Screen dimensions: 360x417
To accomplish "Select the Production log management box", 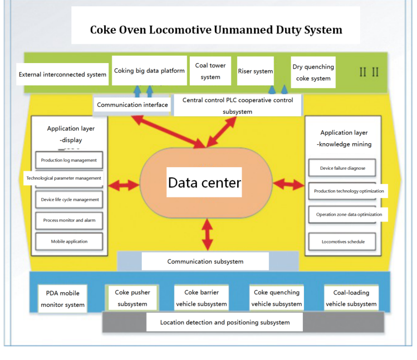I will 69,160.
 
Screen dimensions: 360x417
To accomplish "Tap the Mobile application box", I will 69,241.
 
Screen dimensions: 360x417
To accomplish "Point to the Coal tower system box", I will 210,71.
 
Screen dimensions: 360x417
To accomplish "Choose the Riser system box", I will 255,71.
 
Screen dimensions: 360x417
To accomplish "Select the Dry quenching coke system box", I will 313,72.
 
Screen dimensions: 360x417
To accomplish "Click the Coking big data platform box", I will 149,70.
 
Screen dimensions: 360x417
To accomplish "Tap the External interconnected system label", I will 63,75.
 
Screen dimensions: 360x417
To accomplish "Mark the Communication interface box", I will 132,105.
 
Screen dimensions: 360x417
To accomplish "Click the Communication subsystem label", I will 205,262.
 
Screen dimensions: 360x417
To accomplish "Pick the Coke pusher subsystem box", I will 132,298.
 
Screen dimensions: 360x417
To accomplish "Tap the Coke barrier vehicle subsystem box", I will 201,298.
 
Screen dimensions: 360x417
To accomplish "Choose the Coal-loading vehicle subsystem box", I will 350,298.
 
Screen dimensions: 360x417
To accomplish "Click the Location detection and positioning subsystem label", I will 225,322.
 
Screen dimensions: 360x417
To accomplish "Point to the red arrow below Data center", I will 207,233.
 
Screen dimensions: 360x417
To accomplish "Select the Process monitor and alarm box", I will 69,220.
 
